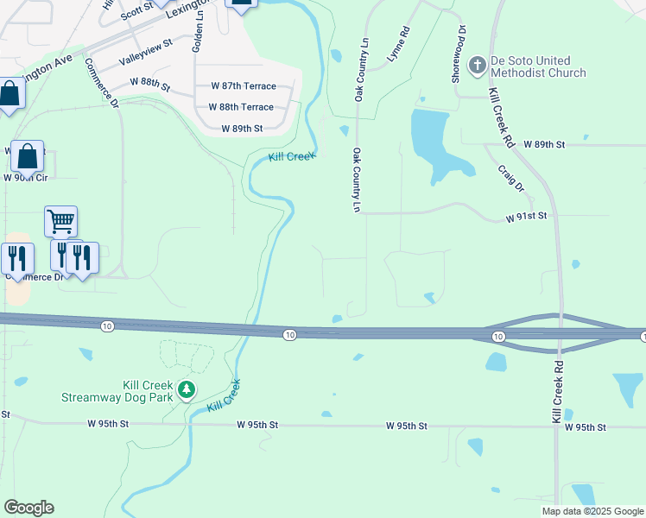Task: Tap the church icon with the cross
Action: (x=476, y=66)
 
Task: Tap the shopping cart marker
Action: (x=60, y=222)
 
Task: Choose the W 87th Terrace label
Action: (x=244, y=86)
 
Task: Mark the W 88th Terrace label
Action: (x=241, y=107)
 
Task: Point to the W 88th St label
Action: (x=150, y=80)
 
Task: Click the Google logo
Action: (x=28, y=508)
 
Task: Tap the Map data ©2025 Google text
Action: (x=591, y=511)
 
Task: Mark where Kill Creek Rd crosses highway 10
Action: (x=559, y=334)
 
